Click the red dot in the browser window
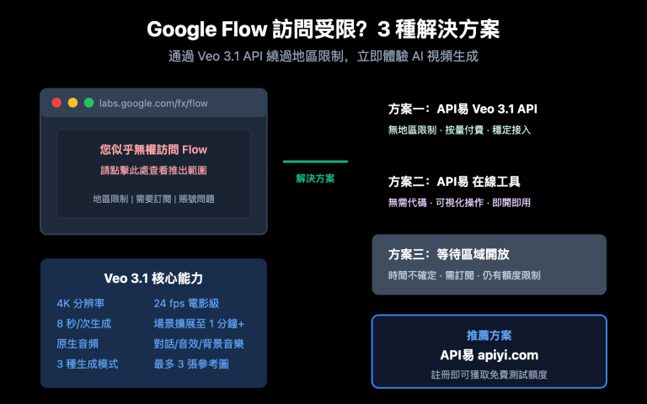tap(56, 103)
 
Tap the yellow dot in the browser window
tap(72, 103)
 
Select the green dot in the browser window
tap(88, 103)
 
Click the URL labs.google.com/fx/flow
tap(153, 103)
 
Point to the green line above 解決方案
tap(315, 161)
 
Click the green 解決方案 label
tap(315, 178)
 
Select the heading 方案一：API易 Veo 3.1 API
tap(463, 109)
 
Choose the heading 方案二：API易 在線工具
tap(454, 182)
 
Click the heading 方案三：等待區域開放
tap(448, 254)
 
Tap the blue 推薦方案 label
tap(489, 335)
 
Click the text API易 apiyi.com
tap(489, 354)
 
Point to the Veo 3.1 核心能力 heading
tap(153, 279)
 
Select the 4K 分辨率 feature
tap(81, 304)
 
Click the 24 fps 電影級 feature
tap(186, 304)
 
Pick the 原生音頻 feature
tap(78, 344)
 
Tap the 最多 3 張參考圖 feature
tap(191, 364)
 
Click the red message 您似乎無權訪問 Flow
tap(153, 150)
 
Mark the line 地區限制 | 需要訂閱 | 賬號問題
tap(153, 199)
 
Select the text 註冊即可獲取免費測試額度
tap(489, 374)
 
